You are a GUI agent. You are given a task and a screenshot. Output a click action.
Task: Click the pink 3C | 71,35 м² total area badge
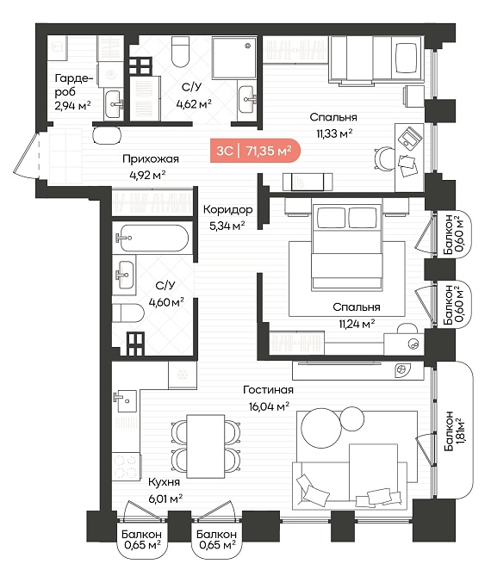[255, 151]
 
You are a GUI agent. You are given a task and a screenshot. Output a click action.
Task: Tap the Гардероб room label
[74, 85]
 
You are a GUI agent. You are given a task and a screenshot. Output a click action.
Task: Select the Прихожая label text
[151, 159]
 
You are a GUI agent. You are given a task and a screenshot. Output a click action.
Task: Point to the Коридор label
[227, 209]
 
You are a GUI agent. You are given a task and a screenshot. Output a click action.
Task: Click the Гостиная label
[269, 390]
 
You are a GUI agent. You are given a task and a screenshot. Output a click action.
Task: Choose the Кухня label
[164, 482]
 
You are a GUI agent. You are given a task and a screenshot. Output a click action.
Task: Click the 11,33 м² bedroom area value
[334, 133]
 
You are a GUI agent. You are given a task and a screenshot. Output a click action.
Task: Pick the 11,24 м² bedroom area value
[357, 324]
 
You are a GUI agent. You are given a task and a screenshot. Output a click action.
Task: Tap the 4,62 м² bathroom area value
[194, 104]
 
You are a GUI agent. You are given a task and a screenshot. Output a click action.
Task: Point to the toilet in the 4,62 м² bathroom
[180, 52]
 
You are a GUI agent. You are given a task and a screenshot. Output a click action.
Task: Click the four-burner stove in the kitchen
[126, 467]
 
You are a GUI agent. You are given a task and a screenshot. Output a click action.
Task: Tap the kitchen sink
[126, 400]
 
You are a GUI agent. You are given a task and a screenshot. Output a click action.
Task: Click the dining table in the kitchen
[206, 446]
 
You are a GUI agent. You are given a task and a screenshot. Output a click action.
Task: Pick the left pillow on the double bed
[331, 217]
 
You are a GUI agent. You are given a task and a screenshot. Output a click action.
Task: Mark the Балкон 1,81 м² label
[454, 431]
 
